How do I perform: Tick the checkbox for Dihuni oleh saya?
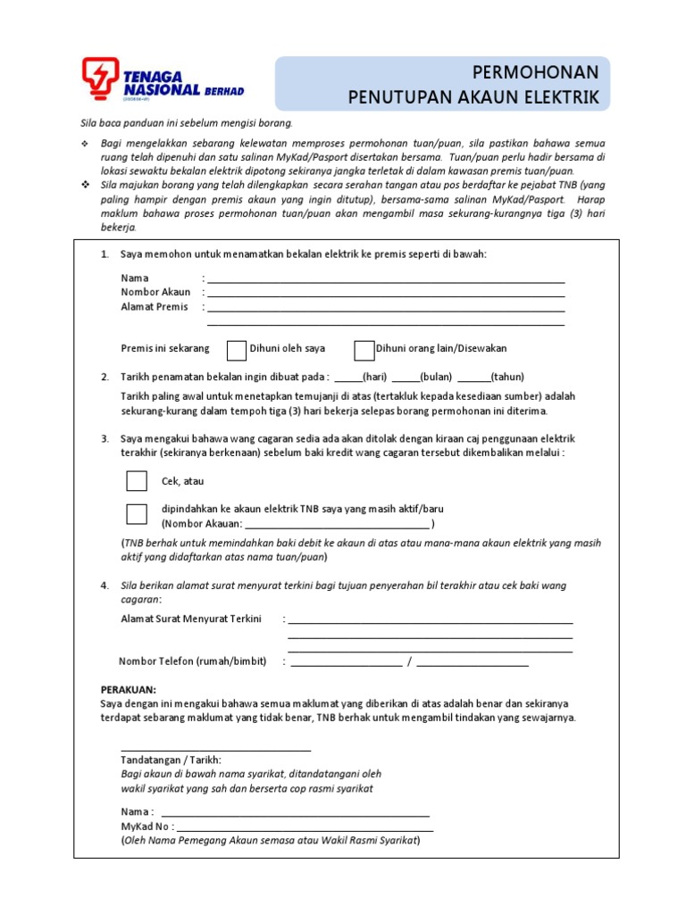pyautogui.click(x=237, y=349)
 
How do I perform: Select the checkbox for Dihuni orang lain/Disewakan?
pyautogui.click(x=364, y=349)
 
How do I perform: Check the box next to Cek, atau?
pyautogui.click(x=137, y=481)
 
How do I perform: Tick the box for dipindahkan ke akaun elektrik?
pyautogui.click(x=137, y=514)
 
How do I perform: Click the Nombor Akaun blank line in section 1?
pyautogui.click(x=385, y=295)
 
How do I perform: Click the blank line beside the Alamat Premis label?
pyautogui.click(x=385, y=310)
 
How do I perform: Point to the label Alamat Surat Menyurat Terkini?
pyautogui.click(x=191, y=619)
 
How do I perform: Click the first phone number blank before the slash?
pyautogui.click(x=346, y=664)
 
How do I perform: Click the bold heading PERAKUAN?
pyautogui.click(x=129, y=690)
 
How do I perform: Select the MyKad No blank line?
pyautogui.click(x=304, y=829)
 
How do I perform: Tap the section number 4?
pyautogui.click(x=105, y=586)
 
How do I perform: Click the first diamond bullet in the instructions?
pyautogui.click(x=84, y=144)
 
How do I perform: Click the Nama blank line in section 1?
pyautogui.click(x=385, y=280)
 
